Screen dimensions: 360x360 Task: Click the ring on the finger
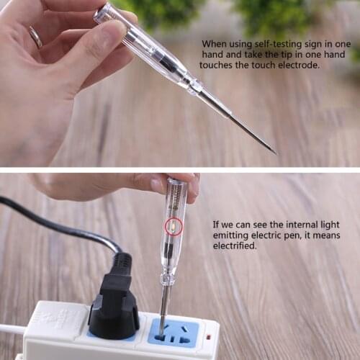pos(35,37)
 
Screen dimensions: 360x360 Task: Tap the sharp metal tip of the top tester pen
pos(274,152)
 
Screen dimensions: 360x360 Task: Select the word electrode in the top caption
pos(297,65)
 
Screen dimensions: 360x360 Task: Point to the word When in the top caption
pos(215,44)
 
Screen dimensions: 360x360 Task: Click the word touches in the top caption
pos(218,65)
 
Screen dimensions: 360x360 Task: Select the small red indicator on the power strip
pos(208,336)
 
